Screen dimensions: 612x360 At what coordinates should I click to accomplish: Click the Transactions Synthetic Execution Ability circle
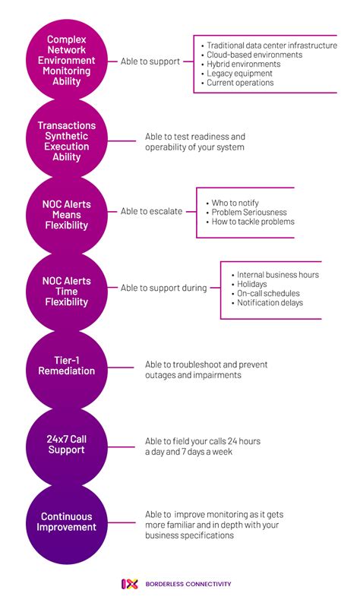(67, 141)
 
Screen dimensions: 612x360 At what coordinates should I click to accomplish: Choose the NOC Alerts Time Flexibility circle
(67, 291)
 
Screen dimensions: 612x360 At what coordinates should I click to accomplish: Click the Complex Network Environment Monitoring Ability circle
(67, 60)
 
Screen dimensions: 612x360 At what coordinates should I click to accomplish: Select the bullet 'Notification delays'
(270, 303)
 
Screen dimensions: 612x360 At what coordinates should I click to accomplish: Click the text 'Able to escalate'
(151, 211)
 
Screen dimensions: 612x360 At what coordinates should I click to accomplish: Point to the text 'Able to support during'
(163, 288)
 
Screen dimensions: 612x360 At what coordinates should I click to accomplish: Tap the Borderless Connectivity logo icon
(129, 583)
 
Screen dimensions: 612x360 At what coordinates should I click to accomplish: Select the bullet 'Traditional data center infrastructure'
(271, 46)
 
